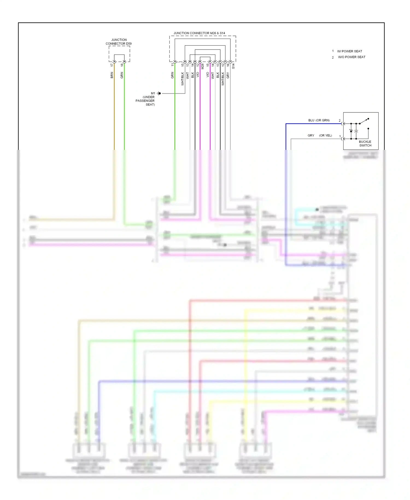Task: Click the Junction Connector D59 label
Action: click(x=119, y=42)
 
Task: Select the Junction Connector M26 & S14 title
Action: click(x=199, y=33)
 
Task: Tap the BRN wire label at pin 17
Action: click(x=112, y=75)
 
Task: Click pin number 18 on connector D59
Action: click(x=122, y=65)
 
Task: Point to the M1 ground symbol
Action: click(x=159, y=94)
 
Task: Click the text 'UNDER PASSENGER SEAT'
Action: click(x=145, y=101)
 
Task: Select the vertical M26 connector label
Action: click(x=203, y=66)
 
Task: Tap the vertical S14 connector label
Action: click(x=233, y=66)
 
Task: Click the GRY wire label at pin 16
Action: click(x=228, y=75)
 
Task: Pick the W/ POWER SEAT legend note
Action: click(x=349, y=51)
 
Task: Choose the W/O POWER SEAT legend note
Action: click(x=352, y=57)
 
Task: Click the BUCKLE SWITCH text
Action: click(x=365, y=144)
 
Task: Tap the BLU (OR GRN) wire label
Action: click(x=319, y=120)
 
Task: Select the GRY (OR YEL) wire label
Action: click(x=320, y=135)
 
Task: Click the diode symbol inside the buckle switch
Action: click(x=351, y=131)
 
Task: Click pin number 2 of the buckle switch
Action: click(x=340, y=121)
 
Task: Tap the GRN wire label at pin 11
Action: click(x=172, y=75)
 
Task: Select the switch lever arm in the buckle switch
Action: click(x=364, y=121)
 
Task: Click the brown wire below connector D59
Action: click(x=114, y=109)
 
